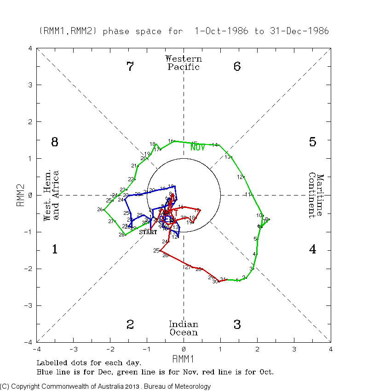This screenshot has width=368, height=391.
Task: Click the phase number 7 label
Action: [x=130, y=67]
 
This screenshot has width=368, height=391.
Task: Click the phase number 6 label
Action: [x=237, y=67]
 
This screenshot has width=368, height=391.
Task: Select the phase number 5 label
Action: [x=312, y=142]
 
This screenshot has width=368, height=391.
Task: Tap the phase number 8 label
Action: [x=54, y=142]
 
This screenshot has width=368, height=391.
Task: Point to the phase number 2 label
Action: [x=130, y=325]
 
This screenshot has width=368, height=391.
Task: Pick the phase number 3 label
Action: [x=237, y=325]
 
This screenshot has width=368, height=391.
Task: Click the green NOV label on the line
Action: [x=198, y=148]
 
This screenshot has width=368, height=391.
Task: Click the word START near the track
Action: [x=148, y=232]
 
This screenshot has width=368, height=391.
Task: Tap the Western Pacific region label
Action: [x=184, y=63]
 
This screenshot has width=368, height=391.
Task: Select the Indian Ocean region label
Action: [x=184, y=328]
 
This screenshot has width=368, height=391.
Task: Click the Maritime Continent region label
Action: [x=316, y=195]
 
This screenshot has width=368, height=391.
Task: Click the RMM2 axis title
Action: [x=21, y=195]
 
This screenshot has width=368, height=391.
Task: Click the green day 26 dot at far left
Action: [x=104, y=210]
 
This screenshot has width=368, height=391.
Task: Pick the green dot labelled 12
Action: [x=244, y=177]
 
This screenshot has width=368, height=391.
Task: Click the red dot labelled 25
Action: [x=161, y=251]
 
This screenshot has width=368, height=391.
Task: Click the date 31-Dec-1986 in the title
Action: [x=299, y=31]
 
